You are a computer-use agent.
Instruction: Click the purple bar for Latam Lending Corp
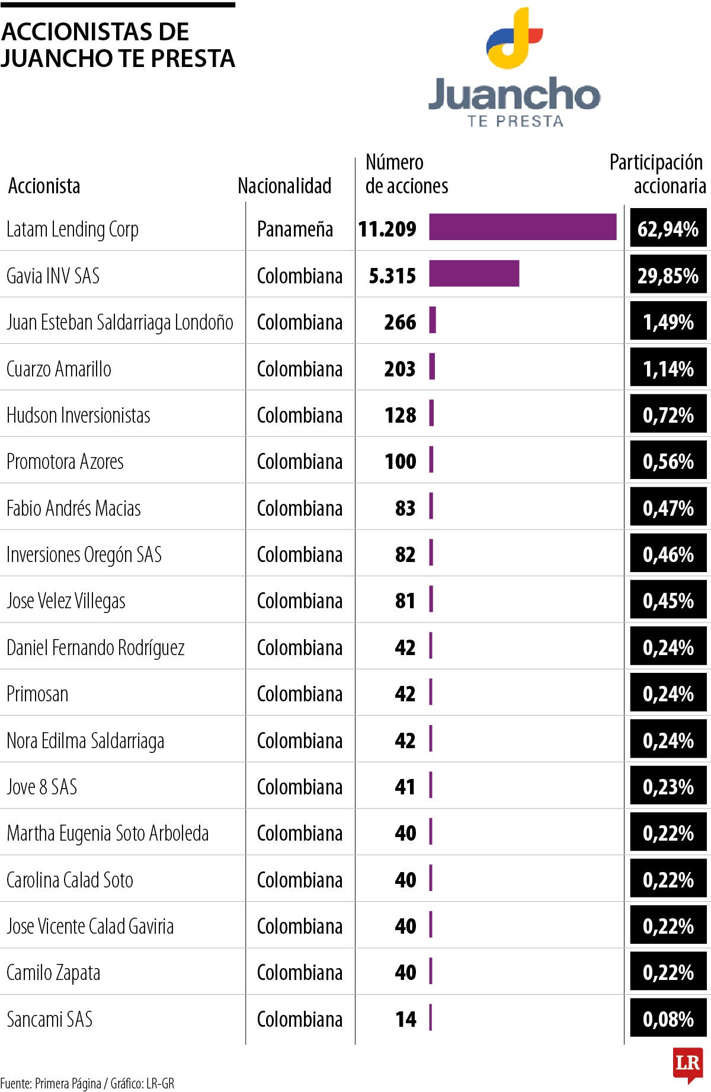(523, 227)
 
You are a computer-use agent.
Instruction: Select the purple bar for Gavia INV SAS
(474, 273)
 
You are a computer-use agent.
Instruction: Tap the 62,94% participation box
(668, 228)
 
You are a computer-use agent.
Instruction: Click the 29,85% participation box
(668, 275)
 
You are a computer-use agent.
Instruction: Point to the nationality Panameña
(295, 229)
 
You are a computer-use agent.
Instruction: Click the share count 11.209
(387, 229)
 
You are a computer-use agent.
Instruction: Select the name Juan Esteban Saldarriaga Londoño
(120, 322)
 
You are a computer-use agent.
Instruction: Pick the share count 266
(400, 322)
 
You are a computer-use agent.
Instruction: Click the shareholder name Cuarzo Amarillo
(59, 369)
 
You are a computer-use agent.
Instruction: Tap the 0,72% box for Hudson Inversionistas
(668, 415)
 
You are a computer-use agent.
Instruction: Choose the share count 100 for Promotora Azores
(400, 461)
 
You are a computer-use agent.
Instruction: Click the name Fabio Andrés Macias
(73, 508)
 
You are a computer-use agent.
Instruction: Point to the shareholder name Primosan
(37, 694)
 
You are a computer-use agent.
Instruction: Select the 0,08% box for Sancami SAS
(668, 1019)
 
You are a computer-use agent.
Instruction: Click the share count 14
(406, 1019)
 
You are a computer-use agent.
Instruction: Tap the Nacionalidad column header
(284, 186)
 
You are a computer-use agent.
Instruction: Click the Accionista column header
(44, 186)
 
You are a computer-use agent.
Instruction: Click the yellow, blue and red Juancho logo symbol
(514, 38)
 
